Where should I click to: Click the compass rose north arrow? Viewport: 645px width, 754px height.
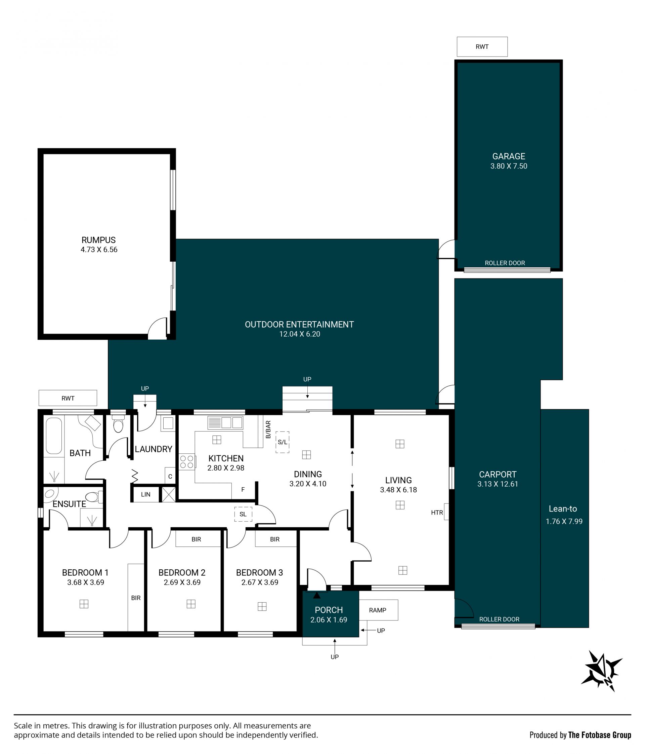coord(602,671)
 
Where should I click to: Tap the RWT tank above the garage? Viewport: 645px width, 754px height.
coord(482,47)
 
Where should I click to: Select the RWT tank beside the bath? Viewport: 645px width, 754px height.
coord(68,398)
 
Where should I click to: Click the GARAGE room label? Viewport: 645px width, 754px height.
coord(509,156)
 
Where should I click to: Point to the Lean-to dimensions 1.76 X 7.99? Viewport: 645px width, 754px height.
coord(564,522)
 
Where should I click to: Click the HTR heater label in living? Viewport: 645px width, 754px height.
coord(437,513)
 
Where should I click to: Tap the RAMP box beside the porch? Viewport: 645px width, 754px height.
coord(379,610)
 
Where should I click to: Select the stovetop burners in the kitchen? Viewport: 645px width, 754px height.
coord(187,462)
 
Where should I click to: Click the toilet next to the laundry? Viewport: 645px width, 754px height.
coord(118,423)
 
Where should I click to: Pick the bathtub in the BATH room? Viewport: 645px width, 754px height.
coord(54,436)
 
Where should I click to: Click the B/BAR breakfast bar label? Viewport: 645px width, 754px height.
coord(268,429)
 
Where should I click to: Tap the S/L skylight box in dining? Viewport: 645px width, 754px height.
coord(283,442)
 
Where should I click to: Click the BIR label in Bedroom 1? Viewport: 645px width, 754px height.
coord(136,598)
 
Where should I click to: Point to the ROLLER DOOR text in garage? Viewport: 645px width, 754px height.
coord(505,263)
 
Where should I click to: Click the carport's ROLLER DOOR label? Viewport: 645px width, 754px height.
coord(499,619)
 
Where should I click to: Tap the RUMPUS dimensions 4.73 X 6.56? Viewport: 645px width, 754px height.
coord(99,250)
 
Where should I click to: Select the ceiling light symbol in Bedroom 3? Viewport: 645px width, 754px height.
coord(262,607)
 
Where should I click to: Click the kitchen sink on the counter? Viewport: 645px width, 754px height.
coord(225,422)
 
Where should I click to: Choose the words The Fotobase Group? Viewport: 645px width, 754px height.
coord(600,735)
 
